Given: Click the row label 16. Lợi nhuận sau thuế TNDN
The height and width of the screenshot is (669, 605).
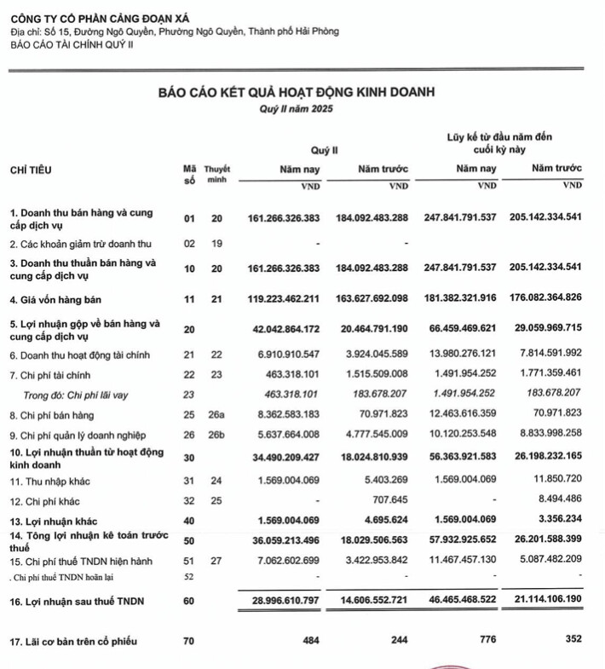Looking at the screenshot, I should click(x=77, y=602).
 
